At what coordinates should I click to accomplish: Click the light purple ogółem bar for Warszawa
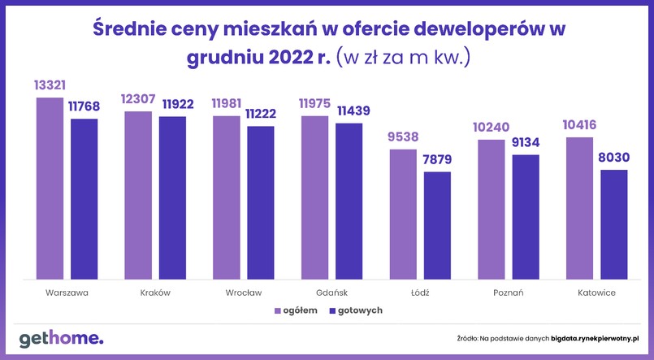click(x=50, y=188)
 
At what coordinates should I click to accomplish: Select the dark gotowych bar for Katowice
click(x=614, y=224)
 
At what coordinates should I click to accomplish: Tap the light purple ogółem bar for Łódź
click(x=403, y=214)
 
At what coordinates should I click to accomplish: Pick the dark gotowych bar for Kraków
click(x=172, y=197)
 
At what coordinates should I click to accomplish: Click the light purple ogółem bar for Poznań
click(x=492, y=209)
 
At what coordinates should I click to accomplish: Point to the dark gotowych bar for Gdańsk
click(x=349, y=201)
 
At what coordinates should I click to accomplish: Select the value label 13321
click(x=50, y=85)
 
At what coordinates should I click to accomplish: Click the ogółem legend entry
click(x=292, y=310)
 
